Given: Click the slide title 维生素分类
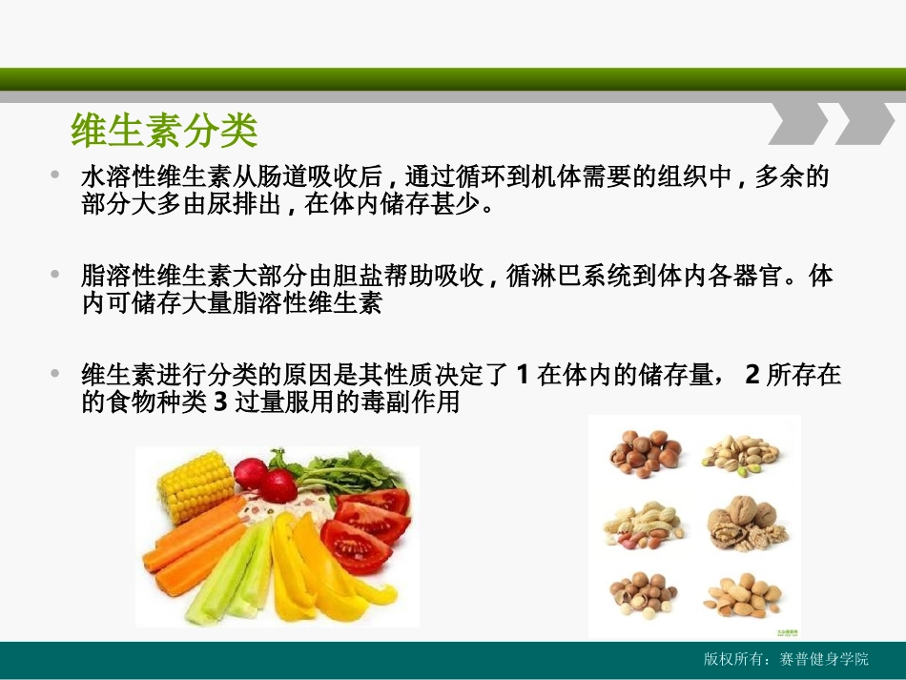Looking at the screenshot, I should pos(164,132).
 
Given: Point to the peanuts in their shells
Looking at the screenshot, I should pos(643,523).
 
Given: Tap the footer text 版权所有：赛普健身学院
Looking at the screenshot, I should pos(787,659).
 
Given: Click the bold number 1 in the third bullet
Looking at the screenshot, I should pos(522,375).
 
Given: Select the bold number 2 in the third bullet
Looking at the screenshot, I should pos(752,375).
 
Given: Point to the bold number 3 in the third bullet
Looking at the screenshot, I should pos(218,402).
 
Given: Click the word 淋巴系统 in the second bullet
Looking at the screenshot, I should pos(587,278).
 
